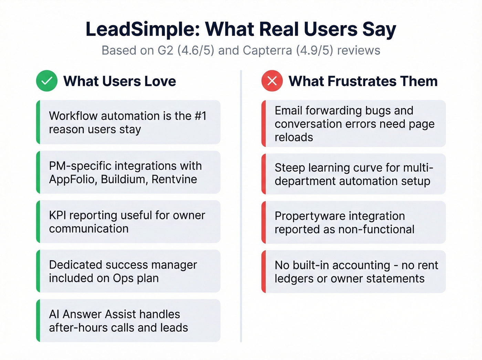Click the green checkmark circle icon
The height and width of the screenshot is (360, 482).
[x=47, y=81]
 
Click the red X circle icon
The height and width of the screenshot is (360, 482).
[x=272, y=81]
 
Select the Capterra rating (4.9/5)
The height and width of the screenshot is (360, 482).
[x=315, y=50]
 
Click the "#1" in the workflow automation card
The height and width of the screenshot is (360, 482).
[x=200, y=116]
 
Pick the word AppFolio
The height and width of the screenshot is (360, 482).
[x=72, y=179]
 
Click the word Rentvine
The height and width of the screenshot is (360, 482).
[x=174, y=179]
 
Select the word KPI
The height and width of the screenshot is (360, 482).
[x=57, y=215]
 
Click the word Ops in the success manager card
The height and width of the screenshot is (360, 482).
[x=123, y=278]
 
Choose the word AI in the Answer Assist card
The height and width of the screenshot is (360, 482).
[x=54, y=314]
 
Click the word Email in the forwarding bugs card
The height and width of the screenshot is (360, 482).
[x=289, y=111]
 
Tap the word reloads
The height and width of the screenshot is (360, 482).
[x=294, y=137]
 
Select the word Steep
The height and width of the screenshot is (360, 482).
[x=290, y=168]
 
